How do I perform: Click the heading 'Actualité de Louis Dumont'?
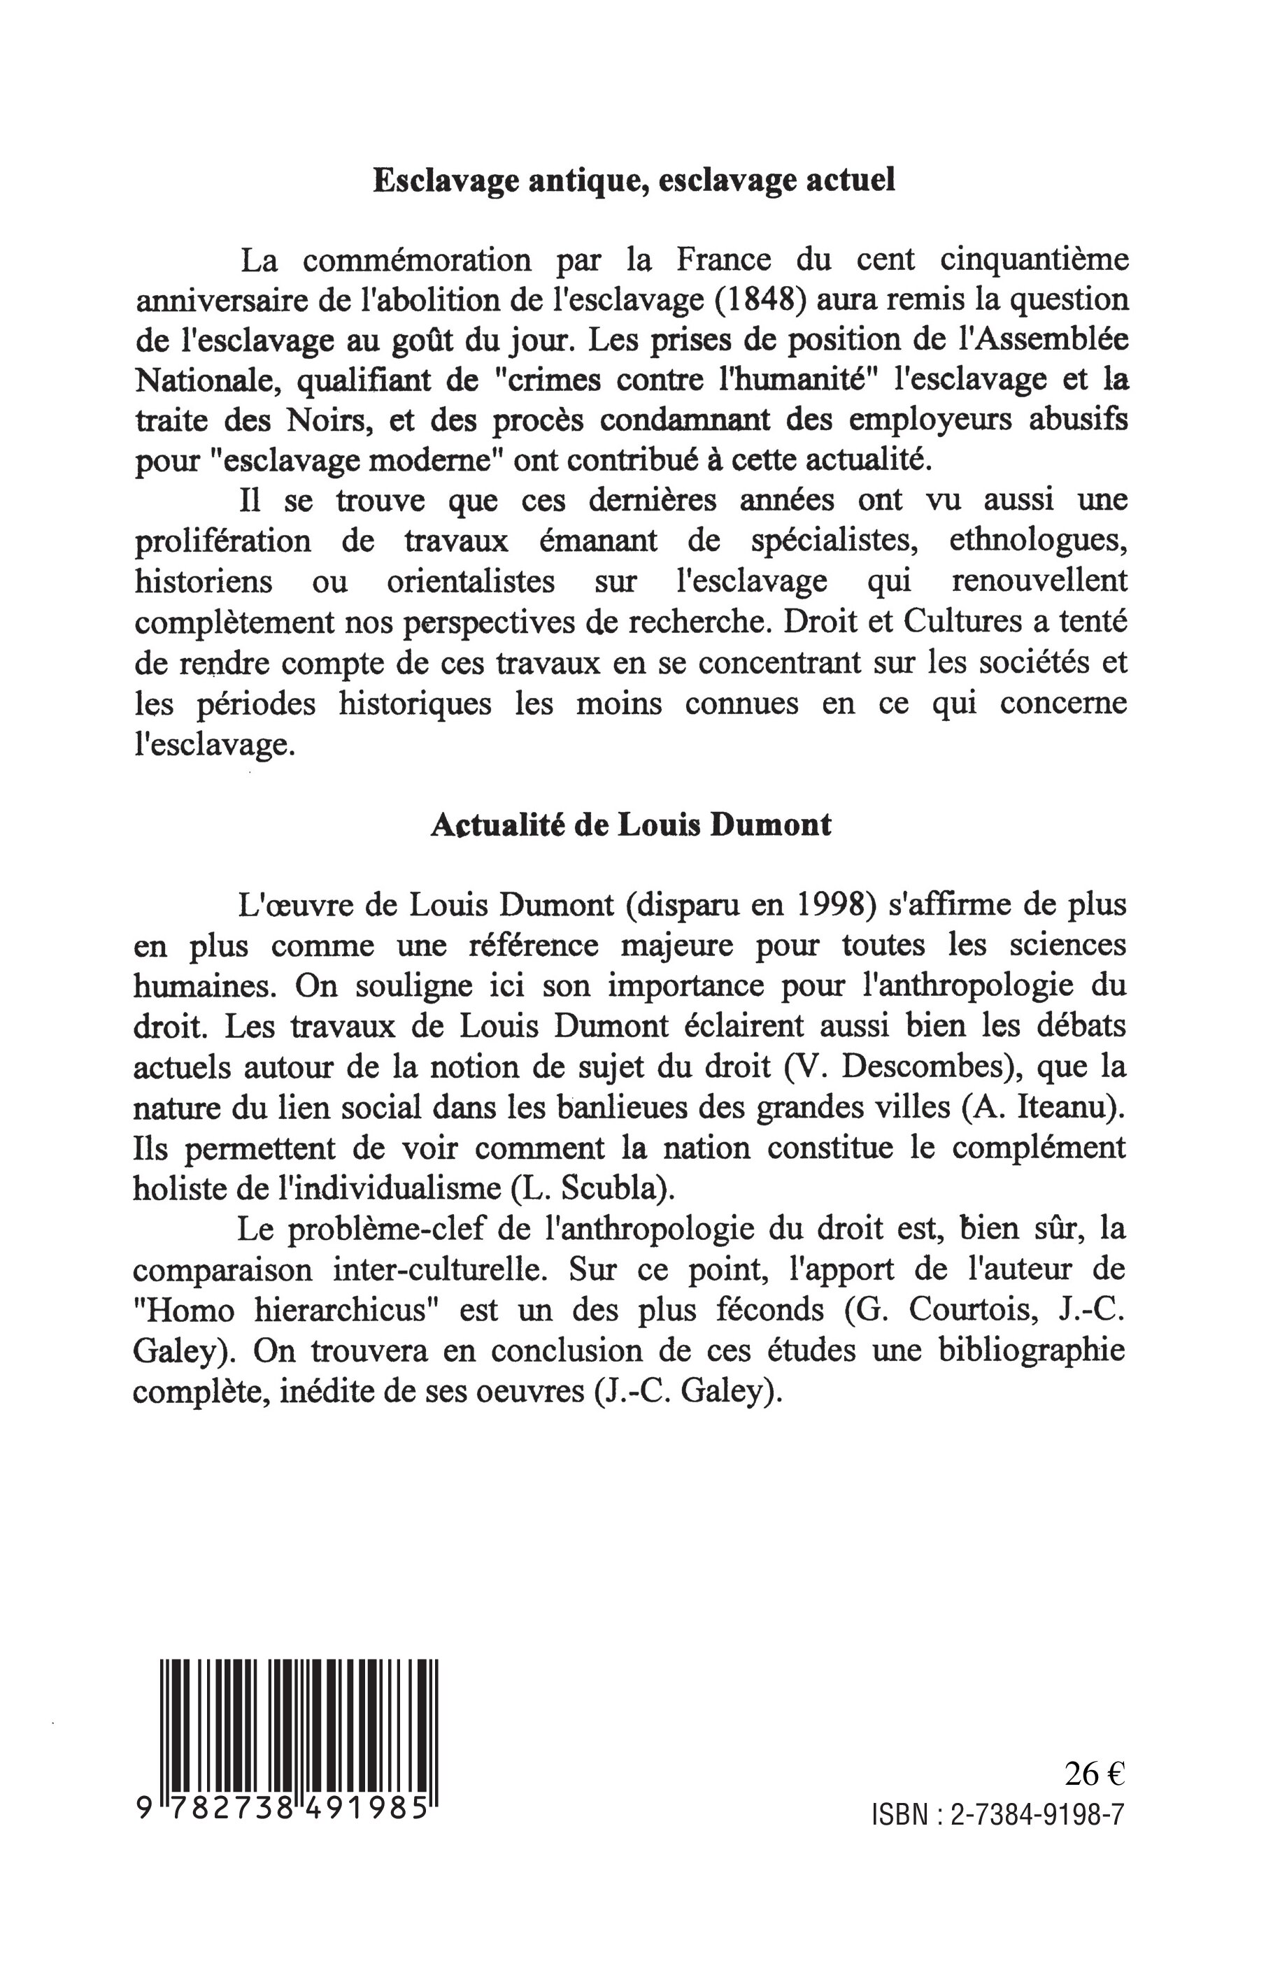pos(631,825)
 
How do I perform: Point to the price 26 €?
pos(1095,1774)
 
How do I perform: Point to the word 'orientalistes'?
pos(471,582)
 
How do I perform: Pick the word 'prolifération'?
pos(222,542)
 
